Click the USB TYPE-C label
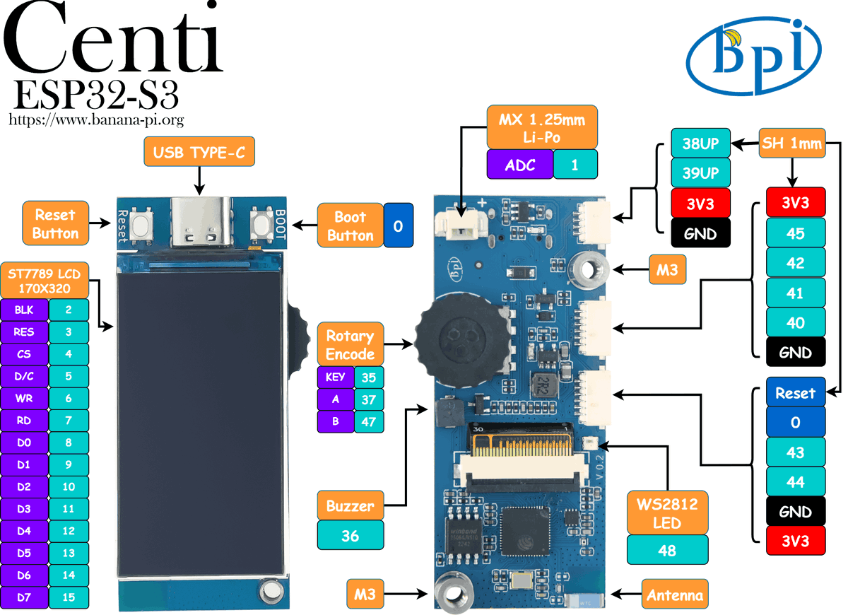[199, 153]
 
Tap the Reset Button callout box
[56, 223]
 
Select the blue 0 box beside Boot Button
[398, 225]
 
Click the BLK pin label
[23, 310]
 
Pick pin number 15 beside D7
[69, 597]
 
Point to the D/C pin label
[23, 376]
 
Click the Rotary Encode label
[349, 344]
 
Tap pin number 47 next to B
[368, 421]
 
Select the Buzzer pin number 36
[350, 536]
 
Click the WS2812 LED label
[667, 513]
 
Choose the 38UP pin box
[700, 144]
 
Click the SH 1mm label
[792, 144]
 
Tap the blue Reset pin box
[795, 393]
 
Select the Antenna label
[674, 595]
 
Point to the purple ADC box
[519, 165]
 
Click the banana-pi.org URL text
[96, 120]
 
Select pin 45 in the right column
[795, 233]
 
